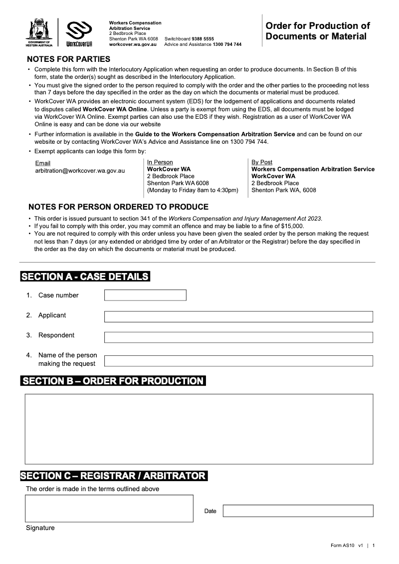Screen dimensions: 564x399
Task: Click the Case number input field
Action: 145,295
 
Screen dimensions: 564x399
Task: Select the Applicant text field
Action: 238,316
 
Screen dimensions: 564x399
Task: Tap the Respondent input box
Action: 238,337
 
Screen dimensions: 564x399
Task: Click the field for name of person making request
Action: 238,361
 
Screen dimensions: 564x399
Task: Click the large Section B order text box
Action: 199,429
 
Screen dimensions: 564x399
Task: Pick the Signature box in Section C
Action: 109,508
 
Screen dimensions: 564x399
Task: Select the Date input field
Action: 298,511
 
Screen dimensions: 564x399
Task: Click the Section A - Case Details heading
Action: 85,277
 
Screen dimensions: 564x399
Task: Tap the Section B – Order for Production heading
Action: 113,381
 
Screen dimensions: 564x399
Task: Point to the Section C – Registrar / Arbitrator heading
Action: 113,476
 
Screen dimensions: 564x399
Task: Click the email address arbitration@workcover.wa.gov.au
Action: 80,171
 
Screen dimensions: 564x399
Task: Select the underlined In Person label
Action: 160,162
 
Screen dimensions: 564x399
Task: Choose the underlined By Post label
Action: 262,162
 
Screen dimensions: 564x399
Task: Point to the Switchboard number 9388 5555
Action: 202,38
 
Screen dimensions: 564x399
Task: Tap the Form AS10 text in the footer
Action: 342,546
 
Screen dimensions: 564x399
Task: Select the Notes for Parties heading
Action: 69,59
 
